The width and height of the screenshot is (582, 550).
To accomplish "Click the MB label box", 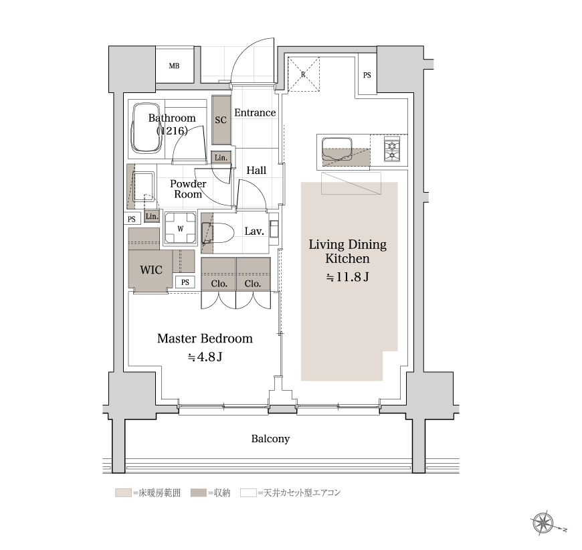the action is tap(175, 66).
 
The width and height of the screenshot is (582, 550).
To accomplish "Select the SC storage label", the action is tap(221, 120).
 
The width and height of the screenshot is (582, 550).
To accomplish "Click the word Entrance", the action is tap(255, 112).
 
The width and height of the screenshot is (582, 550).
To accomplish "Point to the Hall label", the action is tap(256, 170).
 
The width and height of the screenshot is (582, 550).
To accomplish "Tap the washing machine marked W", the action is tap(181, 229).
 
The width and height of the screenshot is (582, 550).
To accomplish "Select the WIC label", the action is tap(151, 270).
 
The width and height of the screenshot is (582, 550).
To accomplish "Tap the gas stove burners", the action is tap(392, 149).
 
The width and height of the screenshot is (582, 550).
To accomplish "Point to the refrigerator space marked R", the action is tap(304, 74).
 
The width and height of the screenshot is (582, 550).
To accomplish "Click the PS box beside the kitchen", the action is tap(367, 76).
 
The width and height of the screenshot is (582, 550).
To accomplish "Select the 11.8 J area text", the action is tap(348, 277).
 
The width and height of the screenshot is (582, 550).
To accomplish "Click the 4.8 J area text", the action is tap(205, 357).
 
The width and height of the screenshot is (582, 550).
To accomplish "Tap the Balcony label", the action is tap(270, 438).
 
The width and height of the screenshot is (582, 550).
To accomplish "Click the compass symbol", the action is tap(543, 524).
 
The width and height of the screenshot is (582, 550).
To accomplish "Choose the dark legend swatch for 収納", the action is tap(198, 493).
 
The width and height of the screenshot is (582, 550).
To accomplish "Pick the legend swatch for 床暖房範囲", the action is tap(123, 493).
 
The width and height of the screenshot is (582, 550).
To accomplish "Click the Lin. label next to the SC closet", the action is tap(221, 157).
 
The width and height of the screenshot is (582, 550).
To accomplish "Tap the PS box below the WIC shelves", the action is tap(185, 282).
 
